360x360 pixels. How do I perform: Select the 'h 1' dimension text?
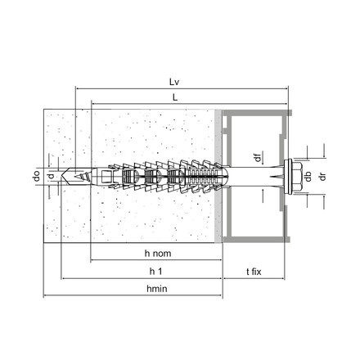[155, 271]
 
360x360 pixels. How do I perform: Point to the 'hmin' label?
[155, 289]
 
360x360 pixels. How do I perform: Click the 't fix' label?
[254, 271]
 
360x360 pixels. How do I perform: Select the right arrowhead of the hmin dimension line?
[222, 296]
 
